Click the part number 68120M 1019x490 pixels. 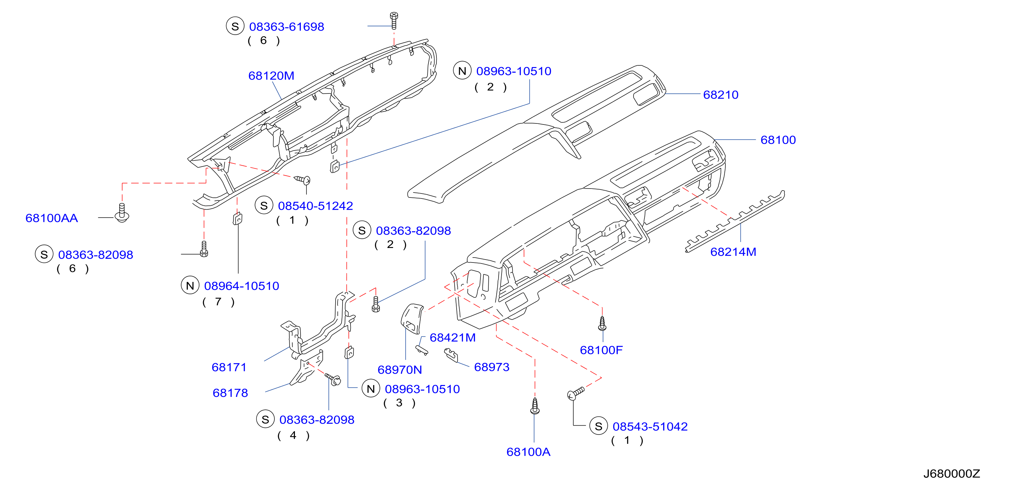[271, 76]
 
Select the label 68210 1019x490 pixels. [720, 95]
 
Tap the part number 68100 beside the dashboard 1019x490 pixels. [778, 140]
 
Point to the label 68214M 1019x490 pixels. [733, 252]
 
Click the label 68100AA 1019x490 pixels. [52, 218]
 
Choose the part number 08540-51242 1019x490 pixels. [315, 206]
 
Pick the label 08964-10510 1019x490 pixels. [241, 286]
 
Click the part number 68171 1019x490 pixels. [229, 367]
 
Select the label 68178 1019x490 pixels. [230, 393]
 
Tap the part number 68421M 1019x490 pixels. [453, 337]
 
